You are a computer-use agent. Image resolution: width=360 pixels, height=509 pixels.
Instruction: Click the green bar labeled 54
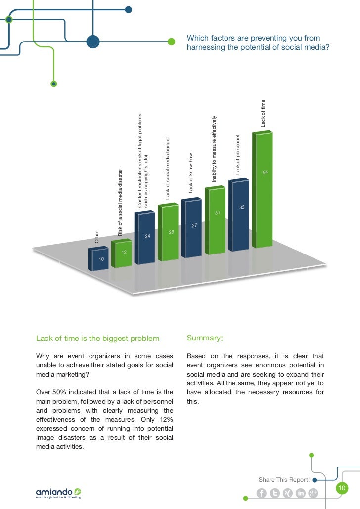(263, 190)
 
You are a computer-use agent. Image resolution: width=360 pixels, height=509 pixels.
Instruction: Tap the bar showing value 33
(240, 215)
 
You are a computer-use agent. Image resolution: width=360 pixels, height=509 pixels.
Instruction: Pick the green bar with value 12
(122, 253)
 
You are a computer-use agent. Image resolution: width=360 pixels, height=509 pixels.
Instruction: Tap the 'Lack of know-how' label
(191, 172)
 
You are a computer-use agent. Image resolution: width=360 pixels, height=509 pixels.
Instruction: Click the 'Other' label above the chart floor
(97, 237)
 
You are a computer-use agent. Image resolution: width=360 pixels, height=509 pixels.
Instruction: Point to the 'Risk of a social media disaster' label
(120, 203)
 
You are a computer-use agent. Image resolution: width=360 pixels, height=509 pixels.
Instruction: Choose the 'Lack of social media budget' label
(168, 168)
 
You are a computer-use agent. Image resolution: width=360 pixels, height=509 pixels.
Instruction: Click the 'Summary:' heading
(205, 339)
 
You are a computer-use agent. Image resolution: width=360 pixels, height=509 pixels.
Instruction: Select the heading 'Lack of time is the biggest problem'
(98, 339)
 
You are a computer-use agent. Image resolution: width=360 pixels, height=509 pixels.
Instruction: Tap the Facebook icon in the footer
(262, 493)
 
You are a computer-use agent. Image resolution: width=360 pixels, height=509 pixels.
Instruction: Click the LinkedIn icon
(300, 493)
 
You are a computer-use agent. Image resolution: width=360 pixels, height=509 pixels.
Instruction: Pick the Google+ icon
(313, 493)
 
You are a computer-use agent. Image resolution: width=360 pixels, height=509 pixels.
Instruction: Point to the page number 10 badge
(342, 489)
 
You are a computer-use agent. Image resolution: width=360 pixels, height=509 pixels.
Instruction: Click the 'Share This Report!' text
(284, 480)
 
